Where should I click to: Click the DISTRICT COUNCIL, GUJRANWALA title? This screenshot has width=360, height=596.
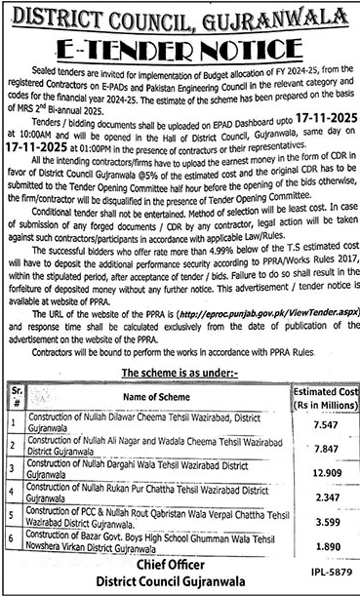pyautogui.click(x=180, y=16)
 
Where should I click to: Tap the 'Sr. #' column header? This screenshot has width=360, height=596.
pyautogui.click(x=13, y=397)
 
